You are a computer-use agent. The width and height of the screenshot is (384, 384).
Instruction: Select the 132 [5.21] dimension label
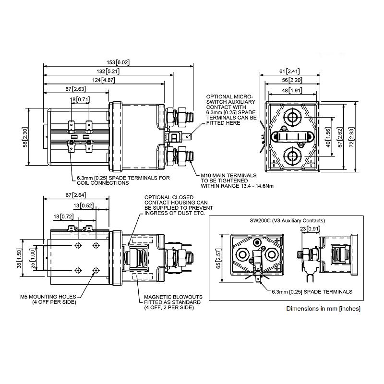[x=108, y=71]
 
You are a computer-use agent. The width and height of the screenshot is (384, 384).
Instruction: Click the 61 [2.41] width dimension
[x=289, y=71]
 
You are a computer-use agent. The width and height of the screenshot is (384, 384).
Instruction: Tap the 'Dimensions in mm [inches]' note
[x=323, y=308]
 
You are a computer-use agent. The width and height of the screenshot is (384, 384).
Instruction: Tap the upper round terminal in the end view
[x=292, y=117]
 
